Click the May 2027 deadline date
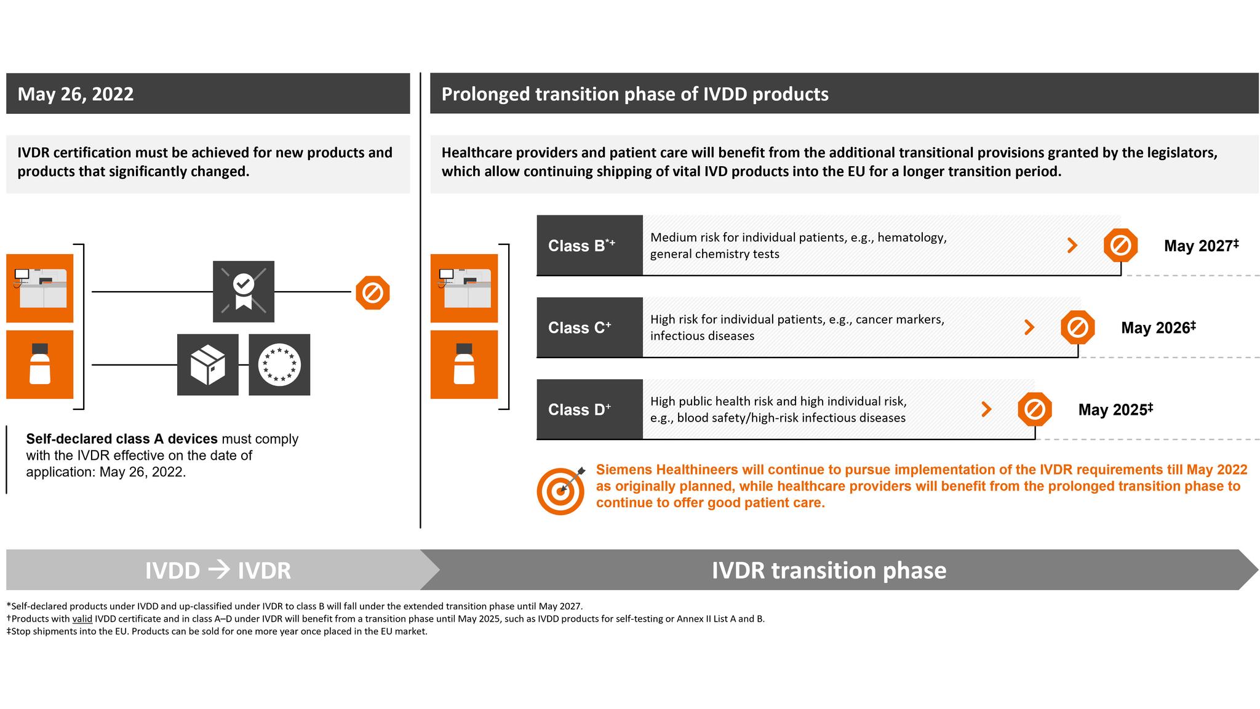pos(1200,246)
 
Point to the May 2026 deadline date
pos(1157,327)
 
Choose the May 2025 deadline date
pos(1115,409)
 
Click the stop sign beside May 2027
pos(1120,246)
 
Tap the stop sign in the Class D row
pos(1035,409)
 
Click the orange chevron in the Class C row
pos(1029,327)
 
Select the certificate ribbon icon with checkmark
pos(244,291)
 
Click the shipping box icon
pos(208,364)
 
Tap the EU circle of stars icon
pos(279,364)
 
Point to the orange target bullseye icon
pos(560,491)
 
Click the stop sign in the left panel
pos(373,292)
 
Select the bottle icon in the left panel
pos(40,364)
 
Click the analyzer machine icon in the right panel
pos(464,288)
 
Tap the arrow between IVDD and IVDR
pos(219,570)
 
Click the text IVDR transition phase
pos(829,570)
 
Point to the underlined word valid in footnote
pos(82,619)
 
